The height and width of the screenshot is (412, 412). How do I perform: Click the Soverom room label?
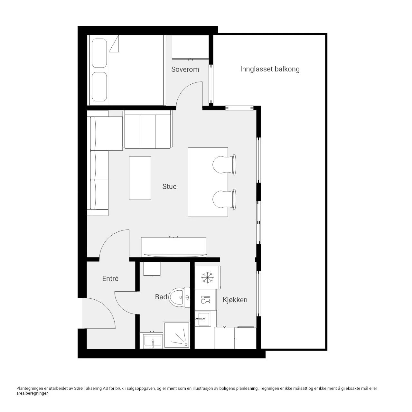click(185, 69)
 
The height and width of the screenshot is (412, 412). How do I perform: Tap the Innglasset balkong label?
click(270, 69)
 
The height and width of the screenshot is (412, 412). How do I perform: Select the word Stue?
click(169, 186)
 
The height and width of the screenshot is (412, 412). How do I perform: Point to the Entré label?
click(110, 278)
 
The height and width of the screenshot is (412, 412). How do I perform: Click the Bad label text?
click(161, 297)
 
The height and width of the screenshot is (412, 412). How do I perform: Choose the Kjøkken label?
click(235, 300)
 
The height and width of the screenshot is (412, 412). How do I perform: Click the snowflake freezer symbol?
click(207, 277)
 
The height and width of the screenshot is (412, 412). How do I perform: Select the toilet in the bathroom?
click(179, 297)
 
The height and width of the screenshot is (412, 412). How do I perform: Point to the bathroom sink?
click(153, 342)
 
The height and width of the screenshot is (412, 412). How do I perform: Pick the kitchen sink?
click(203, 319)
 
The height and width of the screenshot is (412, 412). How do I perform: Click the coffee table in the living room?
click(140, 178)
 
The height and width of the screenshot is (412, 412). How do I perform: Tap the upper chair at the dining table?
click(224, 165)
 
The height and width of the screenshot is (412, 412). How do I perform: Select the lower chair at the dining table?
click(224, 199)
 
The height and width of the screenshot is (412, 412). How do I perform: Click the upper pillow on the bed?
click(99, 53)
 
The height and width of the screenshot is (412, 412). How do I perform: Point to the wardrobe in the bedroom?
click(190, 47)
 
